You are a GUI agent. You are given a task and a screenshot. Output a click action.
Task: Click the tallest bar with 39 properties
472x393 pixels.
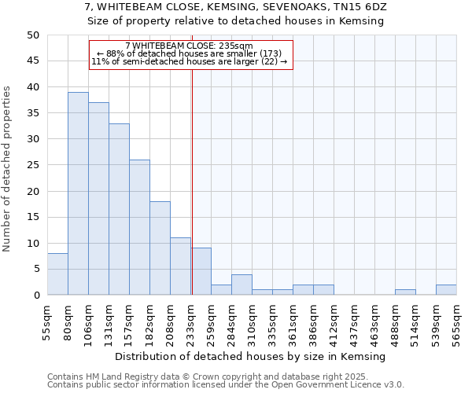coord(78,193)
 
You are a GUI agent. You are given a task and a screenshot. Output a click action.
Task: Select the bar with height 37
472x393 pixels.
coord(98,199)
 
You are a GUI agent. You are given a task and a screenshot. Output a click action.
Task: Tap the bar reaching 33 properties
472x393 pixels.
coord(119,209)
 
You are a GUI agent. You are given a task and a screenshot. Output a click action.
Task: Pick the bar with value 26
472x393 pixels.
coord(139,227)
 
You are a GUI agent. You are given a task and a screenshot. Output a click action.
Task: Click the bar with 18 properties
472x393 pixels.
coord(160,248)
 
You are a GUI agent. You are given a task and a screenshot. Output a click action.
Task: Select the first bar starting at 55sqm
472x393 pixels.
coord(57,274)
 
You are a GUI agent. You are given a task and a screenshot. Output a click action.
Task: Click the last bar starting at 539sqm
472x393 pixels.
coord(446,290)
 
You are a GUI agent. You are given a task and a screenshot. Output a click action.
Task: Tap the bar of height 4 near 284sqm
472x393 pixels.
coord(242,285)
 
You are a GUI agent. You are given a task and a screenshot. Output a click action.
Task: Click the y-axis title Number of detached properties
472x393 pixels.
coord(7,169)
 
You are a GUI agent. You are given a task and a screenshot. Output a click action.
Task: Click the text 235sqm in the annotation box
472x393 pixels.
coord(236,46)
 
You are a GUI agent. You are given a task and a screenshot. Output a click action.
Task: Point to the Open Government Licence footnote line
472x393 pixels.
coord(226,385)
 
